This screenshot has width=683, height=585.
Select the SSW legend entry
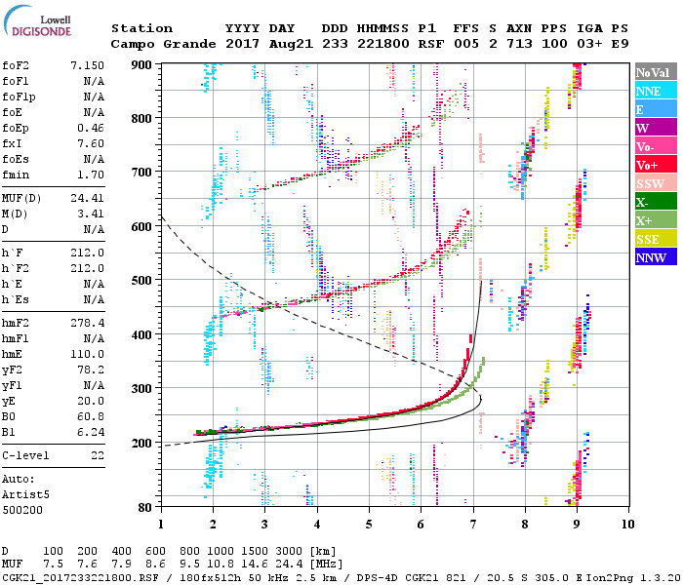click(651, 183)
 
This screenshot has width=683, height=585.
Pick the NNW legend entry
click(651, 257)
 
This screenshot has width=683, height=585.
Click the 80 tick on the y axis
click(147, 507)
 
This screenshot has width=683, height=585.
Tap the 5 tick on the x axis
click(369, 524)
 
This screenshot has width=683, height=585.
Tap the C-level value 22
click(98, 455)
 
